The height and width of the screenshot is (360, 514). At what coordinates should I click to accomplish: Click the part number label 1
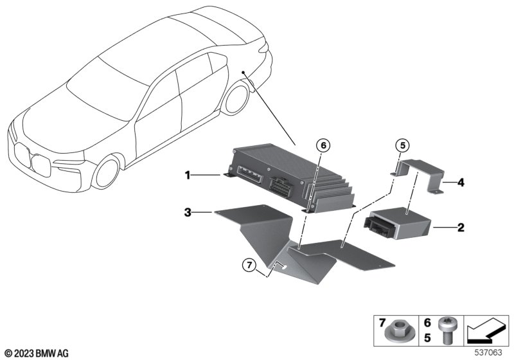(187, 174)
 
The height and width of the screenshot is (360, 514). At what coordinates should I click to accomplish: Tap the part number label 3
(187, 212)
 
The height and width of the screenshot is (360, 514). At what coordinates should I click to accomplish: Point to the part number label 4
(461, 183)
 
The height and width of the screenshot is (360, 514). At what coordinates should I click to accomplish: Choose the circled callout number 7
(249, 264)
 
